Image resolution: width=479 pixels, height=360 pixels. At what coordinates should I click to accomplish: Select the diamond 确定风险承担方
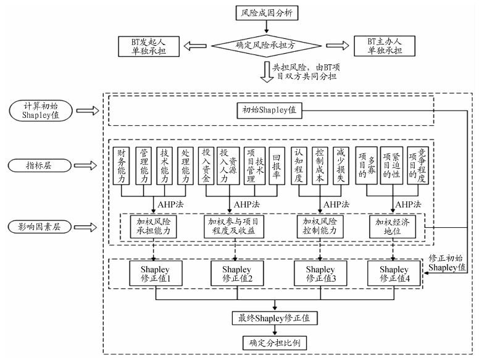tap(265, 45)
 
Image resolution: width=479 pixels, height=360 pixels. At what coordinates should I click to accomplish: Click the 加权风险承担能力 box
tap(152, 227)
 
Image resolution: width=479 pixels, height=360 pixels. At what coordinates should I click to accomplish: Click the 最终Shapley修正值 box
tap(275, 319)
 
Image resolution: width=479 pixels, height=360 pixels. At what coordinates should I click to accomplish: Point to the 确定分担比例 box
tap(275, 342)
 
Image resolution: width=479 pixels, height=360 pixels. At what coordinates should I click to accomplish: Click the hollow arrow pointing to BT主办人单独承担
tap(336, 45)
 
